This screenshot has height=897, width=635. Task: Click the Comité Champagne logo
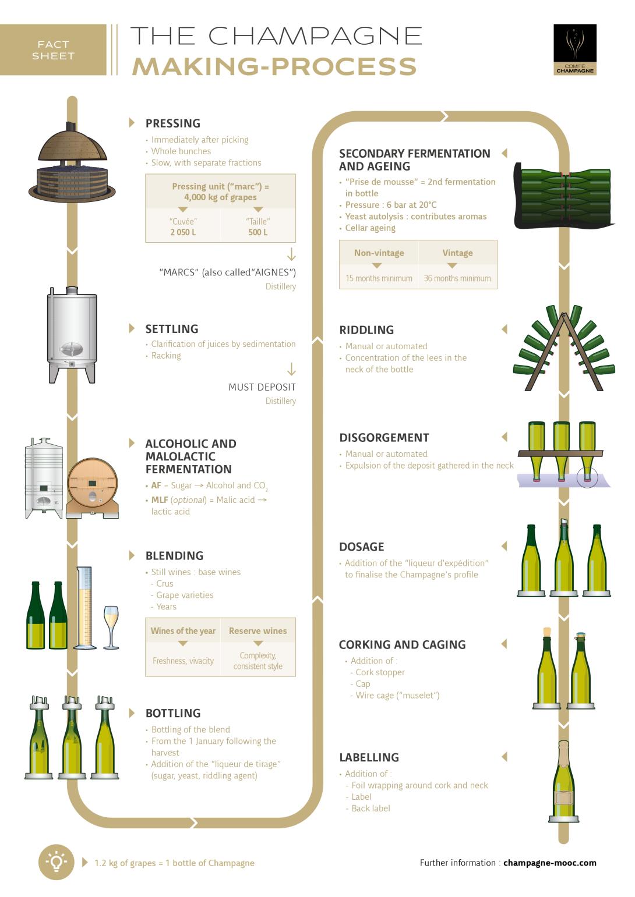pyautogui.click(x=574, y=49)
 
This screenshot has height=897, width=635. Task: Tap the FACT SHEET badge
pyautogui.click(x=53, y=50)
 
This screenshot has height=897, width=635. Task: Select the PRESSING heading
pyautogui.click(x=172, y=123)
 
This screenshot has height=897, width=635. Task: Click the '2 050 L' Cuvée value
pyautogui.click(x=183, y=232)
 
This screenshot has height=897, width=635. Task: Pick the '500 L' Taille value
pyautogui.click(x=258, y=232)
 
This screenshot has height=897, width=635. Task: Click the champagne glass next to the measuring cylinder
pyautogui.click(x=111, y=626)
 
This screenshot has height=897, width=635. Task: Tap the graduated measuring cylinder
pyautogui.click(x=85, y=608)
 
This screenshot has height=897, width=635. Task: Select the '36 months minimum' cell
pyautogui.click(x=457, y=278)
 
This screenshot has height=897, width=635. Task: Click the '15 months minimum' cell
pyautogui.click(x=379, y=278)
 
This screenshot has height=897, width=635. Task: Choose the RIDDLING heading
pyautogui.click(x=366, y=330)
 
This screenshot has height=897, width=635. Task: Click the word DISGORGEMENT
pyautogui.click(x=384, y=438)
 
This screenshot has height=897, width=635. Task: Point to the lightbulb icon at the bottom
pyautogui.click(x=56, y=862)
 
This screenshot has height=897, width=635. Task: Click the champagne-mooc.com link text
pyautogui.click(x=549, y=863)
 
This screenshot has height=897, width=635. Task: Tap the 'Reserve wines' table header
pyautogui.click(x=257, y=631)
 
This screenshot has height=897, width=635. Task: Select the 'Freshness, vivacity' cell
pyautogui.click(x=183, y=661)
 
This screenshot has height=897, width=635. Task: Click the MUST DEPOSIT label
pyautogui.click(x=262, y=387)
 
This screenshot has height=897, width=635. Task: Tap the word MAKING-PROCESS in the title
pyautogui.click(x=274, y=66)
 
